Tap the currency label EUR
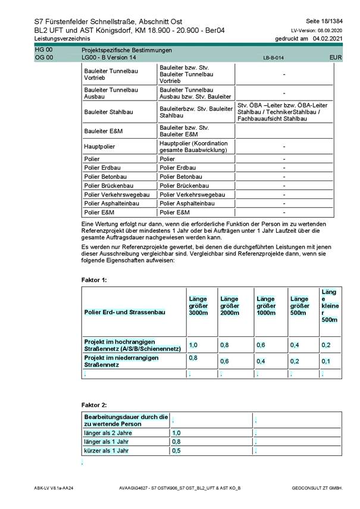(x=335, y=58)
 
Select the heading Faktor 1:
(x=94, y=279)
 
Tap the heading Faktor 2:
(x=94, y=405)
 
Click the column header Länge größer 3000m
(x=198, y=306)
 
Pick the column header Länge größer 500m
(x=299, y=306)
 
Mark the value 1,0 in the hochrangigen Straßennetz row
(x=193, y=345)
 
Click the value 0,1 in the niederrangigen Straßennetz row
(x=325, y=361)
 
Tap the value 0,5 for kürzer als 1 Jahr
(x=176, y=451)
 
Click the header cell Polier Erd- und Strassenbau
(x=124, y=312)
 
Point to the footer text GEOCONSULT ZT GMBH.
(x=317, y=488)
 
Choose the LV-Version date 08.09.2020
(x=329, y=30)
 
